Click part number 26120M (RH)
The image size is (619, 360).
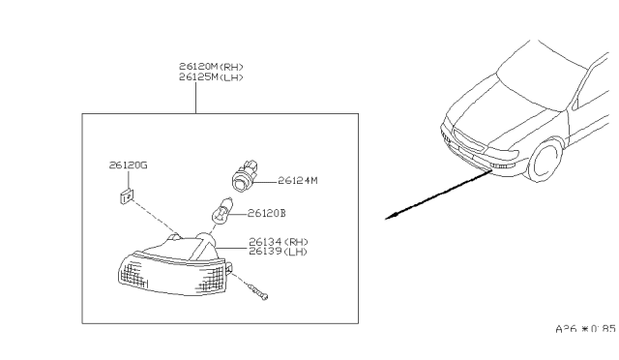click(x=211, y=67)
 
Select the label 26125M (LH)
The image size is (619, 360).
click(x=211, y=76)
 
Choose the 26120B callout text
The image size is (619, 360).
click(x=266, y=213)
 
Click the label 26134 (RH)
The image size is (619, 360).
click(x=279, y=241)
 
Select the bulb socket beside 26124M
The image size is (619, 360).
click(x=245, y=177)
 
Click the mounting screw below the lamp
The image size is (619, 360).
click(x=259, y=290)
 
